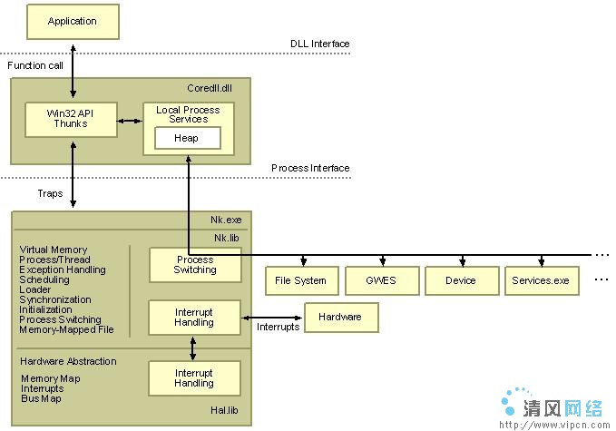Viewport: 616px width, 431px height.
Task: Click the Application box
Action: [x=73, y=22]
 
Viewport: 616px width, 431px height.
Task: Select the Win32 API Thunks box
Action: [x=71, y=120]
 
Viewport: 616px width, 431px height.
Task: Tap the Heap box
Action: [x=188, y=138]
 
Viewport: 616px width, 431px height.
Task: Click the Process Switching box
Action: [x=195, y=265]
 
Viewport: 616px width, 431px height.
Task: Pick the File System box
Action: [x=302, y=280]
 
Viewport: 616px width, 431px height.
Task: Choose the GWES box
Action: [x=382, y=280]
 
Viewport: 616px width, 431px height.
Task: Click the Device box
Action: [x=462, y=280]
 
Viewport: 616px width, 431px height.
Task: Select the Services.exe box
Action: [x=542, y=280]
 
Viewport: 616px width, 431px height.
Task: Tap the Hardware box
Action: [x=341, y=318]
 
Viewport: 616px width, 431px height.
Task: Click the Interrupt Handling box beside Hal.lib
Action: [x=194, y=378]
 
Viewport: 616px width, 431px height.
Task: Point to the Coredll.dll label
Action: [x=210, y=88]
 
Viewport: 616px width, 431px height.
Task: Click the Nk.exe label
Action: [x=226, y=220]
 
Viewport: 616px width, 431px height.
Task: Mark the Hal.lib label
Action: [x=224, y=410]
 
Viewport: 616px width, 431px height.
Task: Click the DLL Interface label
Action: [x=319, y=44]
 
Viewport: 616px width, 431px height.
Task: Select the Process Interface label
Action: [x=310, y=168]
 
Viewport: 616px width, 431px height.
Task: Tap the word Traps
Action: [x=50, y=193]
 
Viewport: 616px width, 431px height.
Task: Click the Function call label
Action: [x=35, y=65]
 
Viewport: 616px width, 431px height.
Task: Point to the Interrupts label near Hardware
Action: [x=278, y=327]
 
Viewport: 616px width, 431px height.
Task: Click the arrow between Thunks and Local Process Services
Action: [x=130, y=121]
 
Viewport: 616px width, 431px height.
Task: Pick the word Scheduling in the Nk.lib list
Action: [x=44, y=279]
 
